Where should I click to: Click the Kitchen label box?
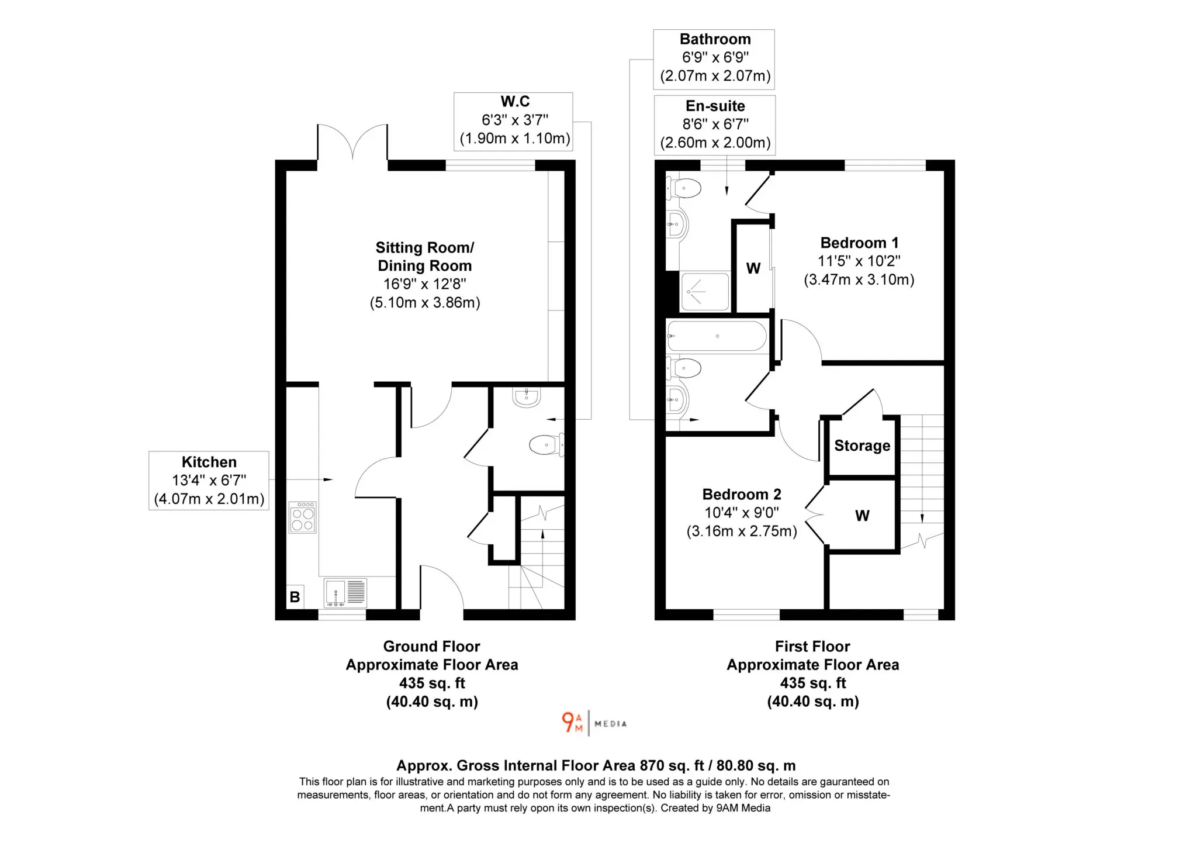(x=209, y=481)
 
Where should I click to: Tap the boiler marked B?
(x=295, y=597)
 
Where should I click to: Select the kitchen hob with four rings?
(x=303, y=517)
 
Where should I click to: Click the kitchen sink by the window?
(x=345, y=593)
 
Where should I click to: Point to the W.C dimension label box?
(x=513, y=122)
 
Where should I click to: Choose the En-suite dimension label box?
(x=715, y=125)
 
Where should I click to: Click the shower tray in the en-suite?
(x=705, y=291)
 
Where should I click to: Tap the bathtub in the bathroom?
(x=717, y=336)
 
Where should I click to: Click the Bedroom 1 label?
(x=859, y=261)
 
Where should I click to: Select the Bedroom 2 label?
(x=742, y=513)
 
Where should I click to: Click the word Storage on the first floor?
(x=862, y=446)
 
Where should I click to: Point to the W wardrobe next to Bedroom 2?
(x=862, y=515)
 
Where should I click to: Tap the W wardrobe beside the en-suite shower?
(x=753, y=268)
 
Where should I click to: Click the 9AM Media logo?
(x=594, y=723)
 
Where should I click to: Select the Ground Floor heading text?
(x=431, y=646)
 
